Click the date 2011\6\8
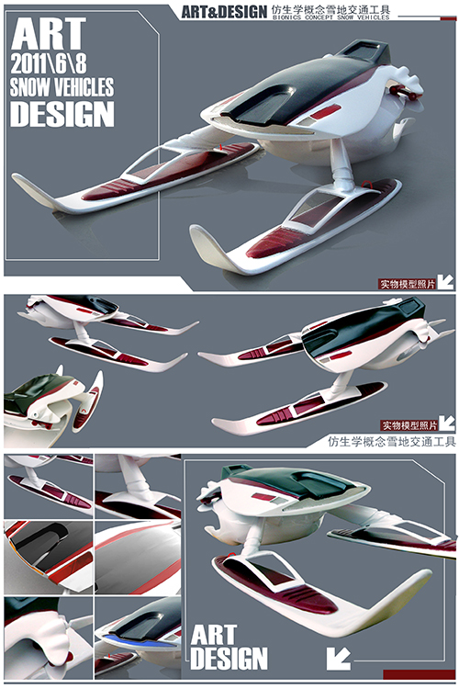point(49,63)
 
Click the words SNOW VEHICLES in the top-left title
point(62,87)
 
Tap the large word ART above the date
point(49,34)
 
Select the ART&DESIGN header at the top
point(224,12)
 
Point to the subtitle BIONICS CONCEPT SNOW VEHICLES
point(330,17)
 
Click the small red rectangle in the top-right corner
point(449,18)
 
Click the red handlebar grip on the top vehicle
point(403,91)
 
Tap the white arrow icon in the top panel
point(445,282)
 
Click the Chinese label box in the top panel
point(408,284)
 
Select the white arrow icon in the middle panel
point(447,424)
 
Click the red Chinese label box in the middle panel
point(409,425)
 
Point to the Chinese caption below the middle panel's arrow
point(392,441)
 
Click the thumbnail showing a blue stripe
point(137,638)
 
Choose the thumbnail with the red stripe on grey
point(137,558)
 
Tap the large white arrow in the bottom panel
point(338,659)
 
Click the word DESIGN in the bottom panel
point(229,659)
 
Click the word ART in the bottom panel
point(214,635)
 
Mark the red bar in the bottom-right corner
point(419,674)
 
